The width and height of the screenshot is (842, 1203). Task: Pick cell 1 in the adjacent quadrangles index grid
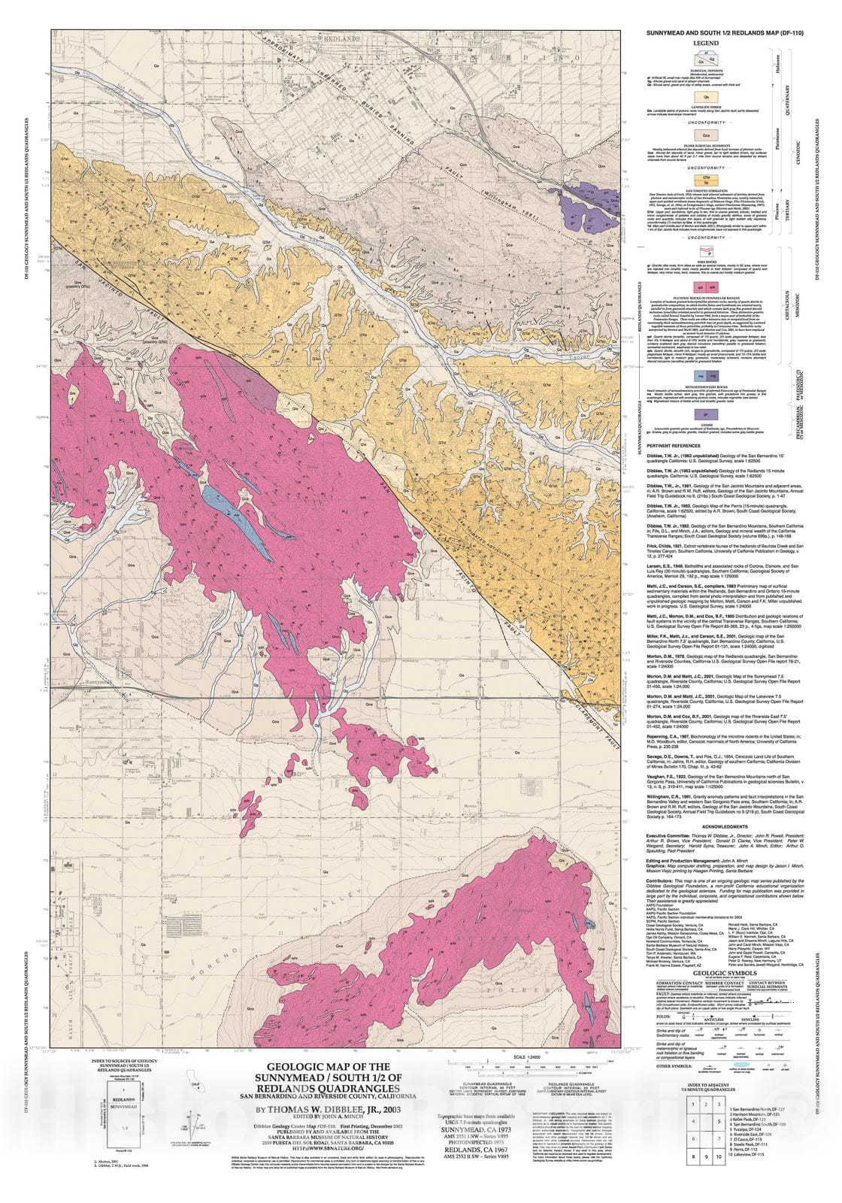click(x=691, y=1105)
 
